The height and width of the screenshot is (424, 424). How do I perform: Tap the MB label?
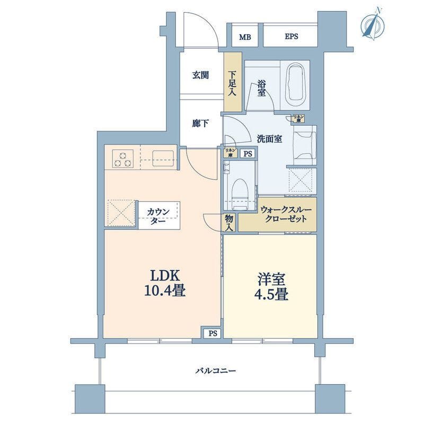244,37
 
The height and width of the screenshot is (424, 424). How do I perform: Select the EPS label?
291,37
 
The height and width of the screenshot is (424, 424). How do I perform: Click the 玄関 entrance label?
200,75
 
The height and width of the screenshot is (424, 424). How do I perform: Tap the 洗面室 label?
269,139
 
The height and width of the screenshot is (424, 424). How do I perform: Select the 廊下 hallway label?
200,123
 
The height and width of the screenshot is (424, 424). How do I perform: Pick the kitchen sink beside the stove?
163,158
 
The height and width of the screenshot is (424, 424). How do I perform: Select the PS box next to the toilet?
247,154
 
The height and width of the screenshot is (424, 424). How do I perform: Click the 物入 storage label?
229,223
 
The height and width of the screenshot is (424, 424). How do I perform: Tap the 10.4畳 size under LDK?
160,291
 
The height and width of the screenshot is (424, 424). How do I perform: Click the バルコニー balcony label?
211,370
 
